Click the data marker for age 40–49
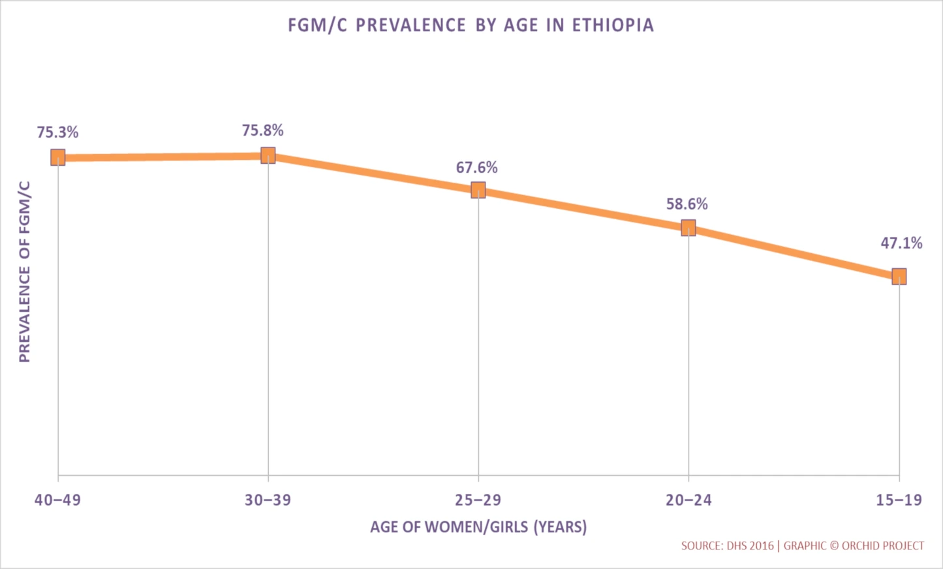58,157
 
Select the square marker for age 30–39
268,155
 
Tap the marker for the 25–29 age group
478,190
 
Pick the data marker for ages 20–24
688,228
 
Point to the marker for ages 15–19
899,277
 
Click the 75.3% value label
57,132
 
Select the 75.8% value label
262,131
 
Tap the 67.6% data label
476,168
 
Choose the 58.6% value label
687,204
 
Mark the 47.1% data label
901,243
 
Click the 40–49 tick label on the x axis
57,500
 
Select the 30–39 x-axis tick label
268,500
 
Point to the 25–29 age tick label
478,500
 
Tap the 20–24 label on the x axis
688,500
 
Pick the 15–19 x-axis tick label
899,500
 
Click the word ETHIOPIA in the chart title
612,25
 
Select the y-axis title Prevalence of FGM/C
25,271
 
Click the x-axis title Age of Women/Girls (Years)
478,527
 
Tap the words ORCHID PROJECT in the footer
882,546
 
